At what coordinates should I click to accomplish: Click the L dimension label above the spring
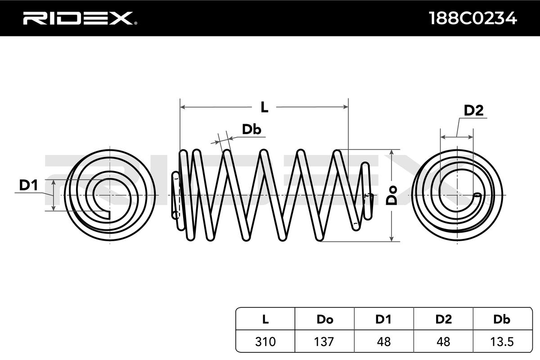tap(265, 107)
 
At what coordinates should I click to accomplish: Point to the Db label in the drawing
tap(252, 130)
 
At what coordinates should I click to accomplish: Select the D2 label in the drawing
tap(473, 111)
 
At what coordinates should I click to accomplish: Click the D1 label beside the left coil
tap(28, 184)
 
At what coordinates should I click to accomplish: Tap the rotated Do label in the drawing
tap(393, 194)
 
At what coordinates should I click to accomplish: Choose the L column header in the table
tap(265, 319)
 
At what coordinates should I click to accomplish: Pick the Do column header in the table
tap(324, 319)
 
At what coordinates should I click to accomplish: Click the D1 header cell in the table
tap(383, 319)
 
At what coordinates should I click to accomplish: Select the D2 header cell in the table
tap(443, 319)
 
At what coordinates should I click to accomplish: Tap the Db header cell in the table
tap(502, 319)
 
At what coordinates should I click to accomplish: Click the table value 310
tap(265, 342)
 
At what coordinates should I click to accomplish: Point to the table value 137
tap(324, 342)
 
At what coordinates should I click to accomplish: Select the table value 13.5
tap(502, 342)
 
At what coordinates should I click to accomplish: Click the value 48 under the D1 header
tap(383, 342)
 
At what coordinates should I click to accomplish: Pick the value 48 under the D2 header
tap(443, 342)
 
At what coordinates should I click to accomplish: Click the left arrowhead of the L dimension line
tap(182, 107)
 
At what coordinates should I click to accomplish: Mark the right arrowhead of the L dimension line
tap(346, 107)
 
